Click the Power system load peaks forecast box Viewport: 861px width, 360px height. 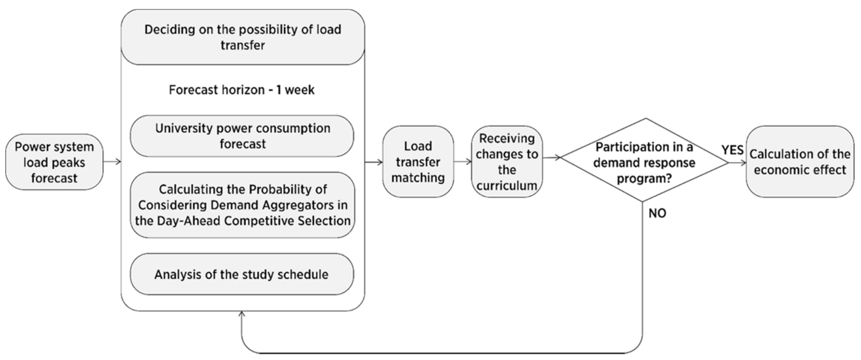point(54,162)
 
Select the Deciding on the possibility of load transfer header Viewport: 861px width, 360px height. point(243,37)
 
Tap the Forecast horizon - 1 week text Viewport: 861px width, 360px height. point(241,90)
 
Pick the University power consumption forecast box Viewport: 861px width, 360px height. point(242,136)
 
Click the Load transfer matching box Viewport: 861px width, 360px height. point(418,162)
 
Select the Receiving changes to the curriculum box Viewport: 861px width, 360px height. point(507,162)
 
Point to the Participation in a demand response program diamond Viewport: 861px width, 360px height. point(644,162)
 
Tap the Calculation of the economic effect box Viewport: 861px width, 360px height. point(800,162)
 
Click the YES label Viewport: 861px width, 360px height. point(732,150)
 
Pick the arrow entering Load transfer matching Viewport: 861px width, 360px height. point(374,162)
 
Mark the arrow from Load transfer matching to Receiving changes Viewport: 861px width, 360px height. point(463,162)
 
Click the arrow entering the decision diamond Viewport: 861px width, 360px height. point(552,158)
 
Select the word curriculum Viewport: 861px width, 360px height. point(507,186)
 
